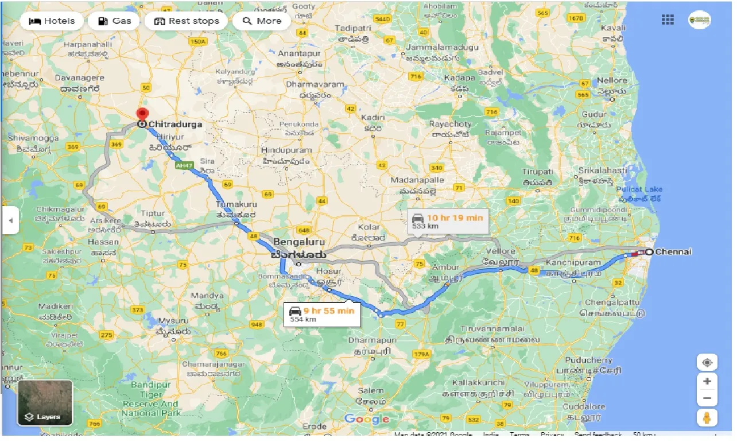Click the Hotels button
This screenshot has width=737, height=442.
tap(52, 21)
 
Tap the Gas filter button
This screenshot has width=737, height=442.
tap(114, 21)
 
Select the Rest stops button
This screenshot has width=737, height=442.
tap(186, 21)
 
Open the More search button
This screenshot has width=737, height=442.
tap(262, 21)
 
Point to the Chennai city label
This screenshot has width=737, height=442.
tap(673, 252)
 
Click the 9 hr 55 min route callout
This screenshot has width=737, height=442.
tap(322, 313)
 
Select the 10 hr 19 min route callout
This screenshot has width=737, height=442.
tap(447, 220)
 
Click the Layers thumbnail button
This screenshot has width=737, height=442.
tap(45, 402)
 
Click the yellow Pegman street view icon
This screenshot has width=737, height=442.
tap(707, 418)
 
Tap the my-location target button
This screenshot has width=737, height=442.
tap(707, 363)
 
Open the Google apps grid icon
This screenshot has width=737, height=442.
tap(668, 20)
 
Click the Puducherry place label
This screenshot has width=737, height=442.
tap(589, 360)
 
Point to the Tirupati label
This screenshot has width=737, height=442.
tap(537, 172)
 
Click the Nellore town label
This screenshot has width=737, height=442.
tap(611, 80)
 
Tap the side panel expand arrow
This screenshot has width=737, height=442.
tap(10, 220)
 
